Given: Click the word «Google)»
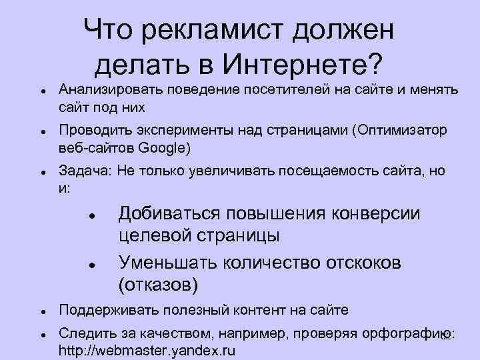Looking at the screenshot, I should [167, 147].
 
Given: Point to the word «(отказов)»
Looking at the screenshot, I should [158, 285].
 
